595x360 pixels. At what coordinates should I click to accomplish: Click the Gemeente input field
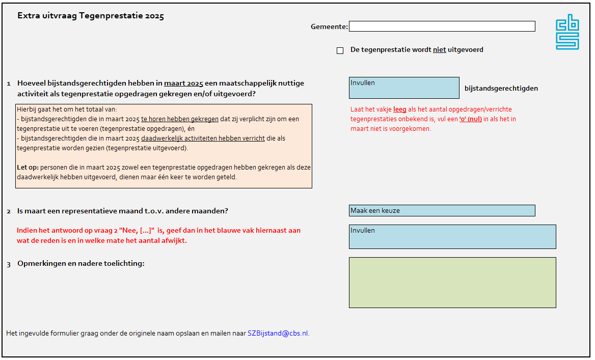[442, 26]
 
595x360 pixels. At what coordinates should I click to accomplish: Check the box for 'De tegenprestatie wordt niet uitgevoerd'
[340, 50]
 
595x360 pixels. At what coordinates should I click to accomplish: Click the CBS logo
[567, 32]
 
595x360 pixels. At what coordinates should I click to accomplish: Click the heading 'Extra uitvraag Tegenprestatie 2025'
[91, 16]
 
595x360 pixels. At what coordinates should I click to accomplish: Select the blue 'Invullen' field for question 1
[404, 88]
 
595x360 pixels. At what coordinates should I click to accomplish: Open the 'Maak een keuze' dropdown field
[442, 210]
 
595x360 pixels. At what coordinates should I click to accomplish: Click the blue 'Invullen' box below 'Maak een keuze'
[452, 237]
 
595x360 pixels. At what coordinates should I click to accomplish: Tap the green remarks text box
[452, 283]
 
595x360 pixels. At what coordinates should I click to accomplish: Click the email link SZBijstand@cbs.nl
[278, 334]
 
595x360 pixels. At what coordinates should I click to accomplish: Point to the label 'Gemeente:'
[329, 26]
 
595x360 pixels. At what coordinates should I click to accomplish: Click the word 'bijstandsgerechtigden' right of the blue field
[501, 88]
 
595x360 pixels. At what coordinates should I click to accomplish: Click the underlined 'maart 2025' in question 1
[183, 83]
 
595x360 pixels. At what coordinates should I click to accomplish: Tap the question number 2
[9, 211]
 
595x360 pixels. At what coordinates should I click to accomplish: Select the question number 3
[9, 264]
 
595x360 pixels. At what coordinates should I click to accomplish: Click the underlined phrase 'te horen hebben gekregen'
[180, 119]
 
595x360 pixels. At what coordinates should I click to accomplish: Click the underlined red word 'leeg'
[399, 109]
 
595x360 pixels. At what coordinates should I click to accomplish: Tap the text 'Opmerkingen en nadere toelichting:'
[81, 263]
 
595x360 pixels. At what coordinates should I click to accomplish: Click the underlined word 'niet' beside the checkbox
[439, 50]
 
